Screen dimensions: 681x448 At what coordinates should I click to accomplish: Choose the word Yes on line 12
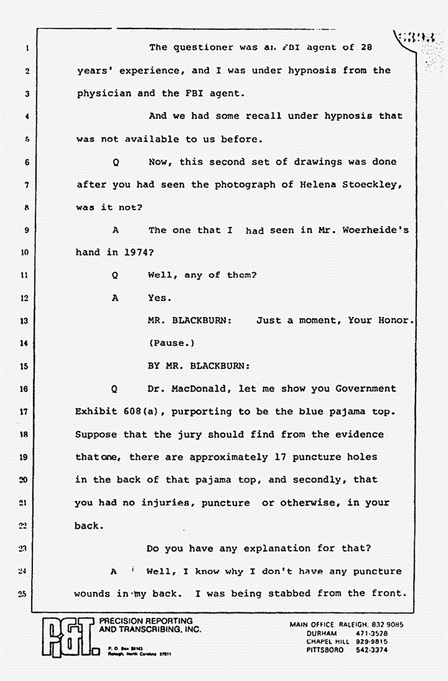point(159,298)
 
